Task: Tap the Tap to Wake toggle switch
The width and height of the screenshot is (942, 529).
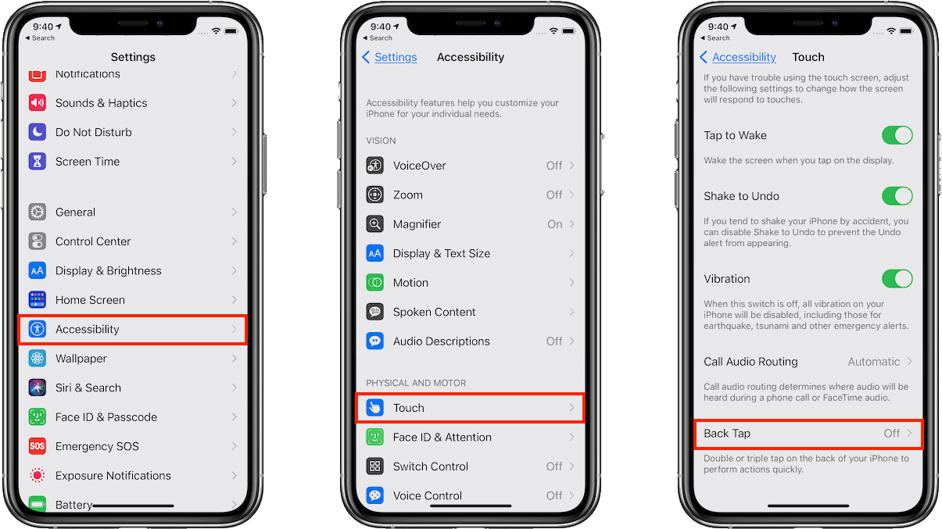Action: [897, 135]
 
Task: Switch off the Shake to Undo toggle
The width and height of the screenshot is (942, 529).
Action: [897, 196]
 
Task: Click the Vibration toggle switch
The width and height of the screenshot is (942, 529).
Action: [897, 278]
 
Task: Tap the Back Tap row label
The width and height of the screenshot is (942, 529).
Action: [727, 434]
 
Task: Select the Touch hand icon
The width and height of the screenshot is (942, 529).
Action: [374, 408]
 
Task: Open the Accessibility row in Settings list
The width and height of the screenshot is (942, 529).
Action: [132, 329]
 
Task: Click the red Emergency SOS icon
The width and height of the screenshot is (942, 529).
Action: [37, 446]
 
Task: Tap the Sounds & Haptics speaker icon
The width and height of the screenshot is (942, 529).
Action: [37, 102]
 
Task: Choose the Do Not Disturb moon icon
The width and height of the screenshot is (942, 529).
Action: [37, 132]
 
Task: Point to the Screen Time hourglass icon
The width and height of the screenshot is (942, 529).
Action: [37, 162]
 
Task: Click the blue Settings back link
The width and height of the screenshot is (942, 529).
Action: [396, 57]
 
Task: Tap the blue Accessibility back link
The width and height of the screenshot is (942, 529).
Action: [743, 57]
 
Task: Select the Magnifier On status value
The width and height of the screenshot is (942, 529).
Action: [555, 224]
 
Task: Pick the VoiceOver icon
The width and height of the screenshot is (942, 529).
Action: [374, 166]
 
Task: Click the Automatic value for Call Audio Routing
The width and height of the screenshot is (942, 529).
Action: [873, 362]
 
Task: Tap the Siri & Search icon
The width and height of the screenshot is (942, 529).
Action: [37, 388]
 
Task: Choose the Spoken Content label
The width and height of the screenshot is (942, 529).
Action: [434, 312]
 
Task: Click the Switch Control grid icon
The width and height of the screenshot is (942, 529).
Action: [374, 466]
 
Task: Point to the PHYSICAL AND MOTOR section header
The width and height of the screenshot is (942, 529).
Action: [416, 383]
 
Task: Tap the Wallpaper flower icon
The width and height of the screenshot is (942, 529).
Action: [37, 359]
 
